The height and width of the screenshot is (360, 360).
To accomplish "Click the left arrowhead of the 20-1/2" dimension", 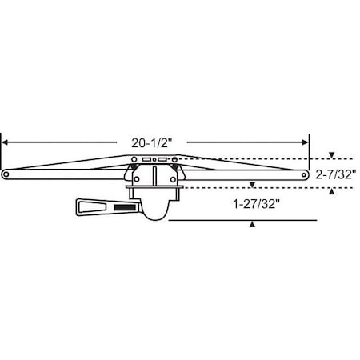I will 6,143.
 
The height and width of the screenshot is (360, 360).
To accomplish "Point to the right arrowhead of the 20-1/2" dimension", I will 306,143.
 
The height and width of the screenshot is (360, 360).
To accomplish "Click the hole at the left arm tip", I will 7,172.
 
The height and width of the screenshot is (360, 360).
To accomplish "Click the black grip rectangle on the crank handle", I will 126,208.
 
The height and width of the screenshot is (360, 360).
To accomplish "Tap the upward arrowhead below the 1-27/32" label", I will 253,225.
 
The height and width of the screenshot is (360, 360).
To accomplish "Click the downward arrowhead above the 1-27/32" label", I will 253,185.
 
